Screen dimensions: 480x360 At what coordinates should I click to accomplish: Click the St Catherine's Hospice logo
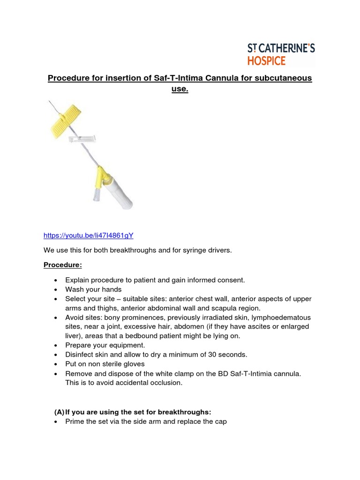281,54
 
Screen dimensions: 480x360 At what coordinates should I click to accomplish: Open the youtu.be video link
85,235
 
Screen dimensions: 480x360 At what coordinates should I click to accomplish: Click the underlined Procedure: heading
63,265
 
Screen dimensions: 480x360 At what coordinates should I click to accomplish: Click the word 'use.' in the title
180,89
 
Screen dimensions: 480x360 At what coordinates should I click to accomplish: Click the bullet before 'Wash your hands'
56,290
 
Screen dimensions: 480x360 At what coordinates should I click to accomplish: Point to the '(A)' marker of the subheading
59,412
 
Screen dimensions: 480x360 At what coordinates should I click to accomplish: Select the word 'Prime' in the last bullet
75,421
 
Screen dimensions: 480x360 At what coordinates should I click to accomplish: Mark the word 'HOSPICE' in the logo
266,60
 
